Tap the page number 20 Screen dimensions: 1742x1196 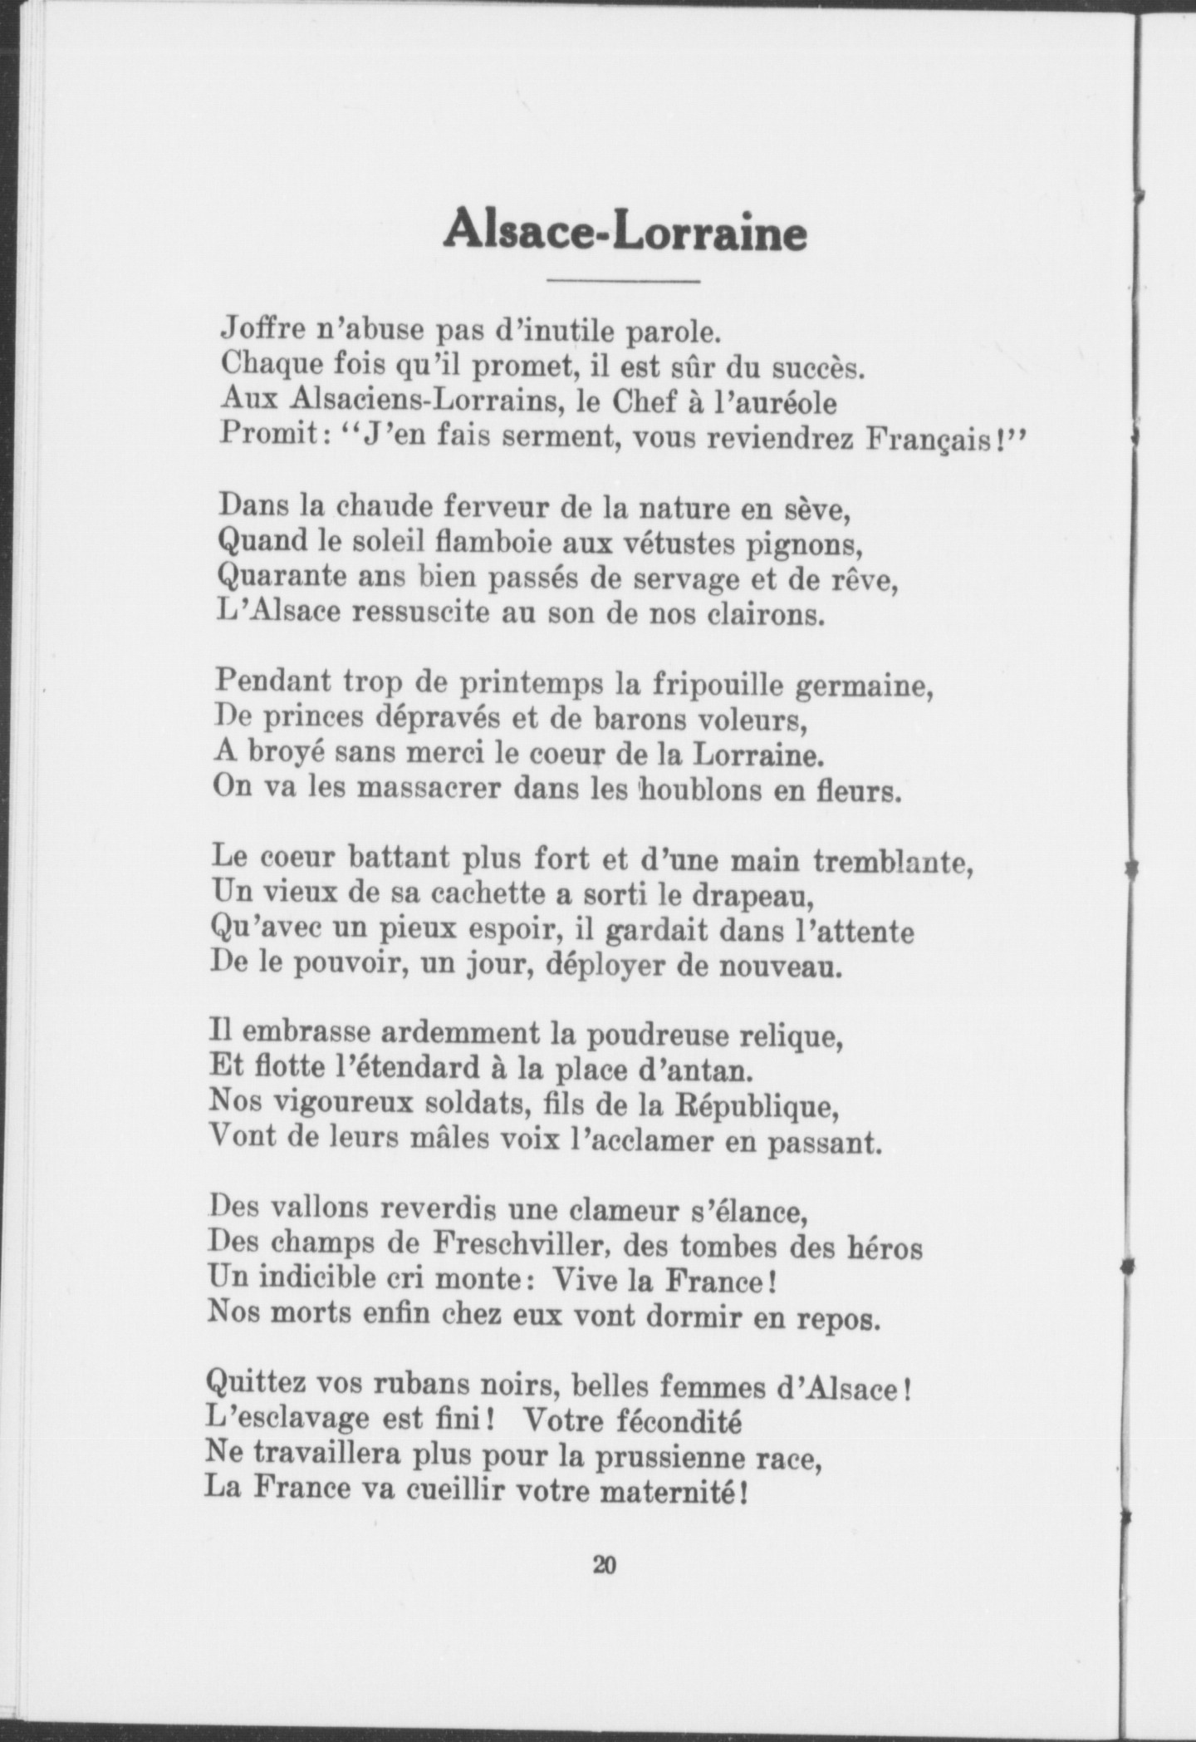[604, 1564]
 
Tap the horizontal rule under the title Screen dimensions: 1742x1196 [625, 279]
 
